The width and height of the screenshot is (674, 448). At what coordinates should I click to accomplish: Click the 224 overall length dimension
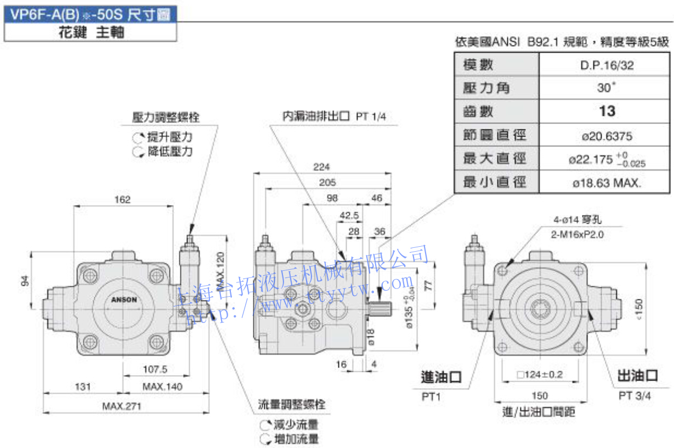[322, 167]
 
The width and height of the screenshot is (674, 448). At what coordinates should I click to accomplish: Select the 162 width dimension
[123, 200]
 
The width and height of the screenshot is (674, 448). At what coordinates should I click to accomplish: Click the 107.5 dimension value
[155, 369]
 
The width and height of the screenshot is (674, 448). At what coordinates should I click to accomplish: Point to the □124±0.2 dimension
[540, 375]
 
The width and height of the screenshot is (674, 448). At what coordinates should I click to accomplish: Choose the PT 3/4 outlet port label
[635, 395]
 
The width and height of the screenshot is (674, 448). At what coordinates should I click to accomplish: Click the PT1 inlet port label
[431, 395]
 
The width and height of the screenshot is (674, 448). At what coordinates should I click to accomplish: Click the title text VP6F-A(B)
[47, 14]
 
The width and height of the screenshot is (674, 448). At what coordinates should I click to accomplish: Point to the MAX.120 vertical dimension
[220, 270]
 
